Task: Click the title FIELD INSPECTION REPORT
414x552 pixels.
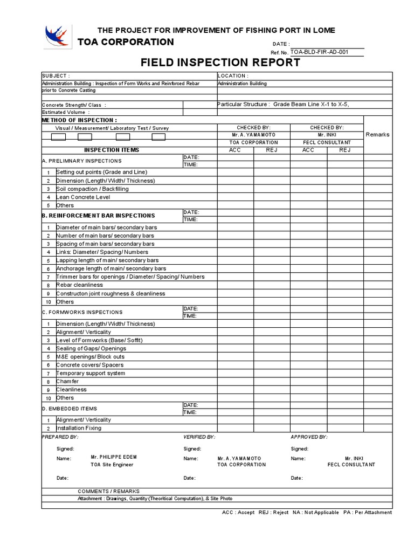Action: coord(220,63)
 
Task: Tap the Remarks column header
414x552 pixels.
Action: coord(377,135)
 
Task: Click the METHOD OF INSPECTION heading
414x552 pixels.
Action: coord(79,120)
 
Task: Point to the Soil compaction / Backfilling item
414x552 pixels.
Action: coord(92,189)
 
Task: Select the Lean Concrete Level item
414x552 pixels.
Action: coord(83,197)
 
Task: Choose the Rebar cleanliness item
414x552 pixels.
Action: coord(79,285)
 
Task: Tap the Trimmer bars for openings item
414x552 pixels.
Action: coord(130,277)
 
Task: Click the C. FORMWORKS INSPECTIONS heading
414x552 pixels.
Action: coord(82,312)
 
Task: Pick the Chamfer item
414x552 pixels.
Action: coord(68,381)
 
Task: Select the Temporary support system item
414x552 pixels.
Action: coord(91,373)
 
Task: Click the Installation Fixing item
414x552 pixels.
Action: coord(79,428)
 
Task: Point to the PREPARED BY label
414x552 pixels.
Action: coord(60,437)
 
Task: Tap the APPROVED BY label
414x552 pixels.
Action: coord(309,437)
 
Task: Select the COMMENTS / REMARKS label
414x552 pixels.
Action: coord(108,491)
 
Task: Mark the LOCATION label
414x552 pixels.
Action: coord(233,76)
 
